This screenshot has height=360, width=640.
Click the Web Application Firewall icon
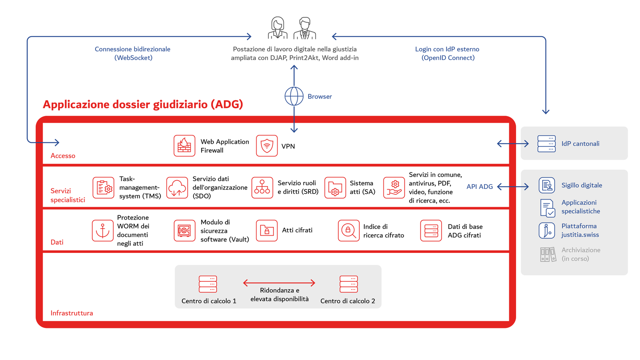click(184, 146)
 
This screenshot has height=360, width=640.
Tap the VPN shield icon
click(267, 146)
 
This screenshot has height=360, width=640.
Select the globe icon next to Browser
click(294, 97)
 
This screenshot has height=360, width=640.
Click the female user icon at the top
click(277, 28)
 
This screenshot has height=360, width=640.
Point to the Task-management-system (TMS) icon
click(103, 188)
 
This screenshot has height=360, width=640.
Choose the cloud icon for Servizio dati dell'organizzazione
click(177, 188)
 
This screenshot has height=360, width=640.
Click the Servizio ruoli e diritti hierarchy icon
click(262, 188)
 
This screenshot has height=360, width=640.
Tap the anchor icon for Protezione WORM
click(102, 231)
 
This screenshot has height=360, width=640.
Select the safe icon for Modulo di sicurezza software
click(184, 231)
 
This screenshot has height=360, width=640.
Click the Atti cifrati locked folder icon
click(267, 231)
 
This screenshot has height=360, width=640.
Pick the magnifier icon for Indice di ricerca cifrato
click(349, 231)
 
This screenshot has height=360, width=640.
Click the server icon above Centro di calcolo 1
click(208, 284)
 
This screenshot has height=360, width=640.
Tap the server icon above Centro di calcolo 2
click(348, 284)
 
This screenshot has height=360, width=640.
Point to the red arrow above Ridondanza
click(279, 283)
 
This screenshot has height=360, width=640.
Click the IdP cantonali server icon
click(546, 144)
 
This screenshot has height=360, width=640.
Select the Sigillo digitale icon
click(547, 185)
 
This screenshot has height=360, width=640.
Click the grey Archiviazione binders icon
click(548, 254)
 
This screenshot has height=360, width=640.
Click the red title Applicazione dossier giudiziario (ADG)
click(143, 104)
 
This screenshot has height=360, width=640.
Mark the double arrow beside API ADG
click(512, 187)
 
